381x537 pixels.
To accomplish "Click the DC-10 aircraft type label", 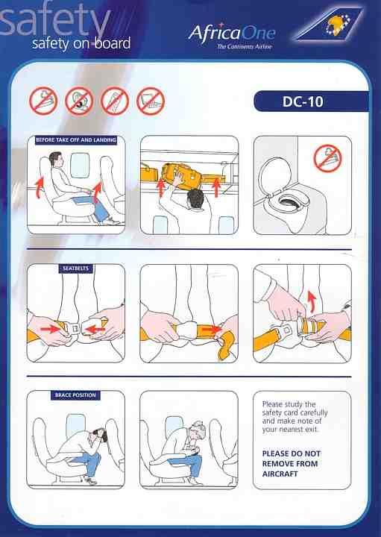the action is point(303,101).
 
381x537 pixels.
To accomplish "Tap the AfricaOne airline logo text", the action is point(232,34).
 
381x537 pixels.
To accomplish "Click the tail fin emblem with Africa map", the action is point(329,24).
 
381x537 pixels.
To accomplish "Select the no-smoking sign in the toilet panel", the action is point(327,158).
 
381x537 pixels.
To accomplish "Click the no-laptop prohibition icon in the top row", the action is point(151,101).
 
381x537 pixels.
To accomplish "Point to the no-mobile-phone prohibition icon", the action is point(115,101).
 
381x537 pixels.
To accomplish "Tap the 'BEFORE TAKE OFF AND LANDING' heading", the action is point(76,139).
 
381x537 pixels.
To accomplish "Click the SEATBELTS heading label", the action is point(75,268).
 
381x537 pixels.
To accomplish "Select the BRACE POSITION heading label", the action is point(75,395).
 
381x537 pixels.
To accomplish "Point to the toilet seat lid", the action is point(274,176).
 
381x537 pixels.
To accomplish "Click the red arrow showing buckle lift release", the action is point(312,301).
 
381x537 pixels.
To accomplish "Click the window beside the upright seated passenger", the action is point(80,165).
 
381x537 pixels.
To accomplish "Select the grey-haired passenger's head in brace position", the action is point(196,430).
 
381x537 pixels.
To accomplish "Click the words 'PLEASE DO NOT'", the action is point(292,453).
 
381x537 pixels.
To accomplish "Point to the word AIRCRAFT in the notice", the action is point(280,474).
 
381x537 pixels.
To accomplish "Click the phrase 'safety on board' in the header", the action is point(81,43).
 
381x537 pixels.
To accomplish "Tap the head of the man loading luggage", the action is point(195,198).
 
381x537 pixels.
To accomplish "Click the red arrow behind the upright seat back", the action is point(40,187).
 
